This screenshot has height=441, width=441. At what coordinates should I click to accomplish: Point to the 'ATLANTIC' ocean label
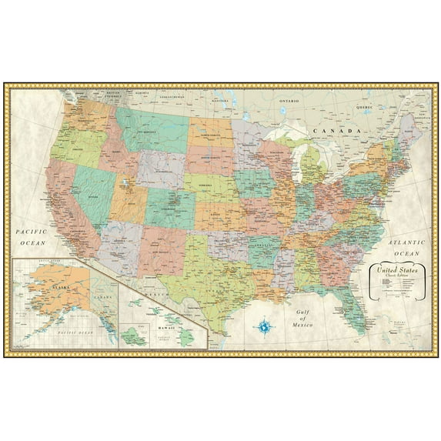click(406, 240)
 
